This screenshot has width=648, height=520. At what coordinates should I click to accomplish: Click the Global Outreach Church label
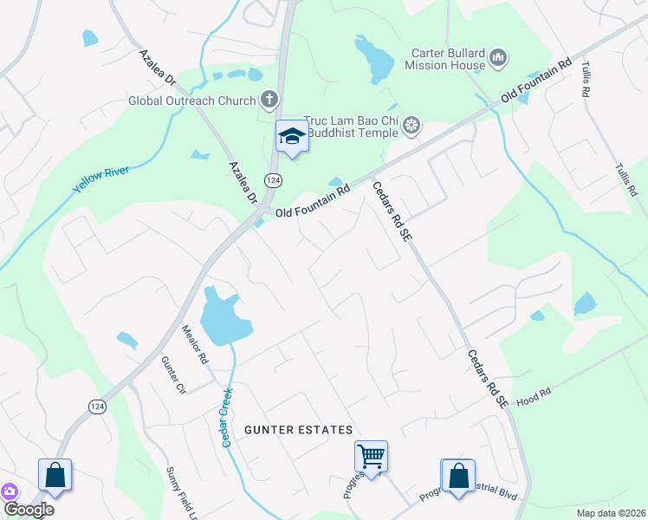point(191,101)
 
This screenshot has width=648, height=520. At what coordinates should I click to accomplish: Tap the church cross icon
point(269,100)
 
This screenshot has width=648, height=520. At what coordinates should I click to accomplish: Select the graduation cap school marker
point(292,136)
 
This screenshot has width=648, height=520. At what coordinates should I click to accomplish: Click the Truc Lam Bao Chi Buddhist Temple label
point(350,127)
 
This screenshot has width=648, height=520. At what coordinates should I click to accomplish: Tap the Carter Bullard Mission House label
point(447,58)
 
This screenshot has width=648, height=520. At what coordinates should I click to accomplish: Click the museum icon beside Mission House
point(497,58)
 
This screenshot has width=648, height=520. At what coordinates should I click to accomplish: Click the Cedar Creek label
point(229,417)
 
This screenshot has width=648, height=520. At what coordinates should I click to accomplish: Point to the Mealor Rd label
point(195,344)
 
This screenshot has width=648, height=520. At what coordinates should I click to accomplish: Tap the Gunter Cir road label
point(174,375)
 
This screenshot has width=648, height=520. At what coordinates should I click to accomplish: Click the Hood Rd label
point(534,395)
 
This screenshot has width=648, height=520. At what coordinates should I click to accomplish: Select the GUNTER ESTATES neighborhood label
point(298,430)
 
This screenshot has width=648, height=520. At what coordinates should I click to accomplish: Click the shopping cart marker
point(371,455)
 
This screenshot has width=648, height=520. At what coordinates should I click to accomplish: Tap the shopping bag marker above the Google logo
point(55,474)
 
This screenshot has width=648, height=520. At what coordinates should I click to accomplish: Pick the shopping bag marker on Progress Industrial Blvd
point(457,474)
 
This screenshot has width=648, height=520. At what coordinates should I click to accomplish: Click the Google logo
point(28,510)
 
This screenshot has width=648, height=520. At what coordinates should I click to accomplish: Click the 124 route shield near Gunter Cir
point(95,406)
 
